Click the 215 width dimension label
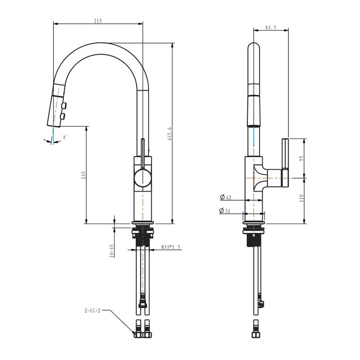pos(98,21)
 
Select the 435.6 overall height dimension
pos(170,134)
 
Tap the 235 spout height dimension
pos(83,175)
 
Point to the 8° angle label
pos(65,137)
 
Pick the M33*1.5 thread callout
pos(171,247)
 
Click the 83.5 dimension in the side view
pos(270,27)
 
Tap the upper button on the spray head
pos(65,106)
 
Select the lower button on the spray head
pos(63,117)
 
